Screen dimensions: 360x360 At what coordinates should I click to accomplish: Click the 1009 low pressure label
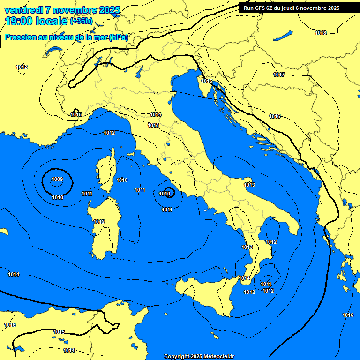coord(57,179)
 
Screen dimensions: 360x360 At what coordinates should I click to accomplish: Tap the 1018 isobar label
coord(321,33)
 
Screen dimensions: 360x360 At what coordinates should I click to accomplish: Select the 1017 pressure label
coord(279,75)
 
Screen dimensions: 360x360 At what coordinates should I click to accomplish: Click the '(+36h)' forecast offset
coord(81,22)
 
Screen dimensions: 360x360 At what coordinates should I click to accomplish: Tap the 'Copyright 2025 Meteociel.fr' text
coord(199,356)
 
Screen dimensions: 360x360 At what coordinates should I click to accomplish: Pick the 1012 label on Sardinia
coord(99,222)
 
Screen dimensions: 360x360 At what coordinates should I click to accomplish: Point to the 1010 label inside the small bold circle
coord(165,194)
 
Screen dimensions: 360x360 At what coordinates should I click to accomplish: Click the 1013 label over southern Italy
coord(249,185)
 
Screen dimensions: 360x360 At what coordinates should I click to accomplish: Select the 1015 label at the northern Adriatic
coord(207,81)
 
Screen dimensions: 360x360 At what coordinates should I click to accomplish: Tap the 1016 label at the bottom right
coord(348,315)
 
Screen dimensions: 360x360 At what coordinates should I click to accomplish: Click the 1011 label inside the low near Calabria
coord(266,284)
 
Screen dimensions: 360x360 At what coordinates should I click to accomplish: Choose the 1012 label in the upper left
coord(22,67)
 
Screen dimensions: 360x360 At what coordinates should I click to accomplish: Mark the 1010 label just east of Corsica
coord(122,180)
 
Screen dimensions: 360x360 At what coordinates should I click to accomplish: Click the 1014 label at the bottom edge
coord(69,350)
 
